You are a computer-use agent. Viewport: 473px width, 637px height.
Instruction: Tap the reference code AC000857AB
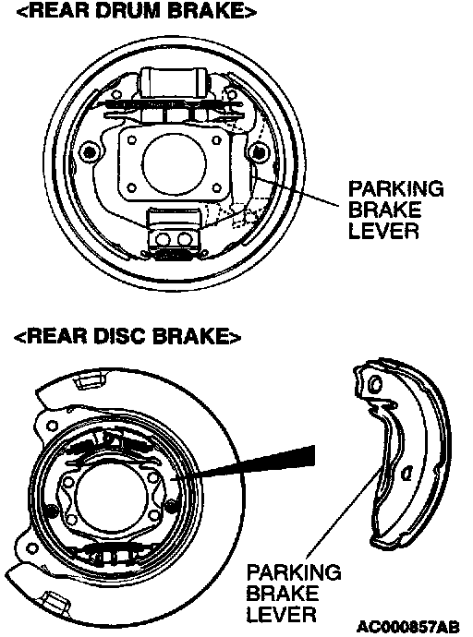click(408, 626)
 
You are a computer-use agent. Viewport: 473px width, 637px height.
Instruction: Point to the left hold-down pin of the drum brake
click(89, 152)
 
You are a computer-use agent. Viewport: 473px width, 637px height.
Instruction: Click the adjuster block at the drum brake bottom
click(174, 233)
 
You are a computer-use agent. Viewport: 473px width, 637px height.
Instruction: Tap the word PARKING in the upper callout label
click(395, 189)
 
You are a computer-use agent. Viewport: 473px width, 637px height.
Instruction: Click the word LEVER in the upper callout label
click(383, 231)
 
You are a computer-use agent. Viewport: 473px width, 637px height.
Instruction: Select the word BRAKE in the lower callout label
click(282, 594)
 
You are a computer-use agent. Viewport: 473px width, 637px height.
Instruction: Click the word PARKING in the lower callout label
click(294, 572)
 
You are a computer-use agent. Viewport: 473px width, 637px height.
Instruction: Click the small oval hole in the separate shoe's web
click(406, 474)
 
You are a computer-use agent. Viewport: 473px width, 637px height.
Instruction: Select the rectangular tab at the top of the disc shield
click(88, 380)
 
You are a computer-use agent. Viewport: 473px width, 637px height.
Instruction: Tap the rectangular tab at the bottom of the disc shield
click(55, 599)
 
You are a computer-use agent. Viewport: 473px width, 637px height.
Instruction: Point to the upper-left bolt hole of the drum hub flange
click(132, 140)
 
